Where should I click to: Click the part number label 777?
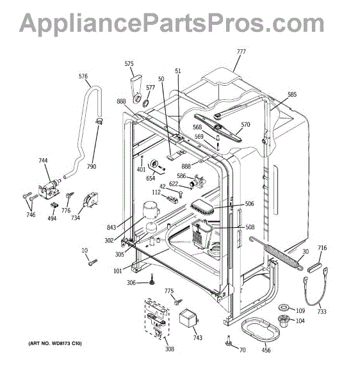point(241,52)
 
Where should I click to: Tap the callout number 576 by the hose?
point(83,76)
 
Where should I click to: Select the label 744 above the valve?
point(43,161)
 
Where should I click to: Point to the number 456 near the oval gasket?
point(266,350)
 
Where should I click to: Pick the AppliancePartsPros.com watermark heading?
point(172,23)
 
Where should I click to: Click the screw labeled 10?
point(93,262)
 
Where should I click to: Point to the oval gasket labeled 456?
point(260,330)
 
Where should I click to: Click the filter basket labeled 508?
point(201,234)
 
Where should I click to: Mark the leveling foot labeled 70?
point(229,341)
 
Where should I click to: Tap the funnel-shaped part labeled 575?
point(136,88)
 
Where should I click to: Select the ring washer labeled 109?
point(284,307)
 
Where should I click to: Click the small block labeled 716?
point(314,266)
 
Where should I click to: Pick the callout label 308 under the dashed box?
point(169,349)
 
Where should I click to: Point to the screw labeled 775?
point(178,301)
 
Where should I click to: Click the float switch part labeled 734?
point(91,200)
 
